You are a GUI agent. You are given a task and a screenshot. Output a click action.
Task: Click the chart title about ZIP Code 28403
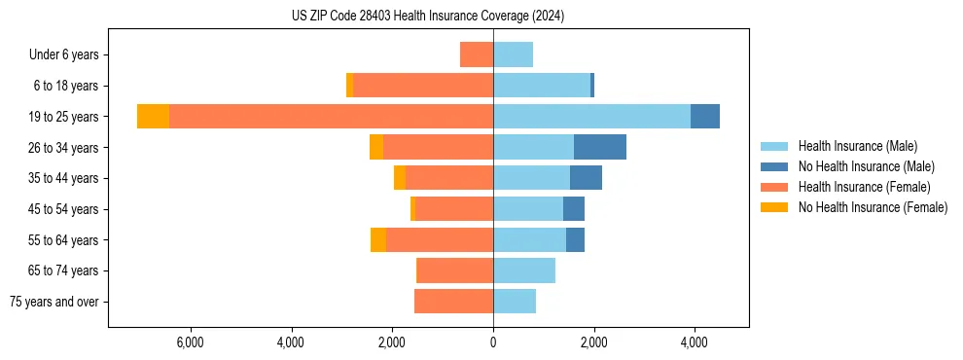point(428,17)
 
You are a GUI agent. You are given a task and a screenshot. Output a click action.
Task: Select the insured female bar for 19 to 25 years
point(331,116)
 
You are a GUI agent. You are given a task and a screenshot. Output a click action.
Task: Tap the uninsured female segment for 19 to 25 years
point(153,116)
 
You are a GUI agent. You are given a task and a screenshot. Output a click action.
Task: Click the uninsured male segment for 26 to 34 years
point(600,147)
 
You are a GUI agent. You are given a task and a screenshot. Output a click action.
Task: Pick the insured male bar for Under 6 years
point(513,54)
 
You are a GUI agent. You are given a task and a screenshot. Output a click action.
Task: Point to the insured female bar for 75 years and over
point(453,302)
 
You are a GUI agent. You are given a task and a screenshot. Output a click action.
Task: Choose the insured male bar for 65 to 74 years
point(524,270)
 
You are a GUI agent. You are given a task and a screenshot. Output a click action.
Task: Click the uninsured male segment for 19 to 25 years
point(705,116)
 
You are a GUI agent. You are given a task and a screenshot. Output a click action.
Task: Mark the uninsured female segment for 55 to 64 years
point(378,239)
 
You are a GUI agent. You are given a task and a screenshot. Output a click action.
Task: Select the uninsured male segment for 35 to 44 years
point(586,178)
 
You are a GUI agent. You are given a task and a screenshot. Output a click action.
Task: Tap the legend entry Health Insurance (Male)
point(857,146)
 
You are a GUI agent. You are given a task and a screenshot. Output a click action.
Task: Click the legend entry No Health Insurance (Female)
point(873,207)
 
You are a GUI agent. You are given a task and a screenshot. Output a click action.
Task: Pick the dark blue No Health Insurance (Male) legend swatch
point(775,166)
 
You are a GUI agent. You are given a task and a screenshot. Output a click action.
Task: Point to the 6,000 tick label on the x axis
point(190,342)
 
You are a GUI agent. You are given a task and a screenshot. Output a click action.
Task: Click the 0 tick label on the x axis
point(493,342)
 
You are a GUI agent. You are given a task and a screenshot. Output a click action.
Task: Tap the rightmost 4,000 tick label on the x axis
point(695,342)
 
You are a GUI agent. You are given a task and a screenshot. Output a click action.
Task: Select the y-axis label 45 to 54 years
point(63,209)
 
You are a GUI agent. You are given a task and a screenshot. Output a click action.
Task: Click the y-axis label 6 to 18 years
point(66,86)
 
